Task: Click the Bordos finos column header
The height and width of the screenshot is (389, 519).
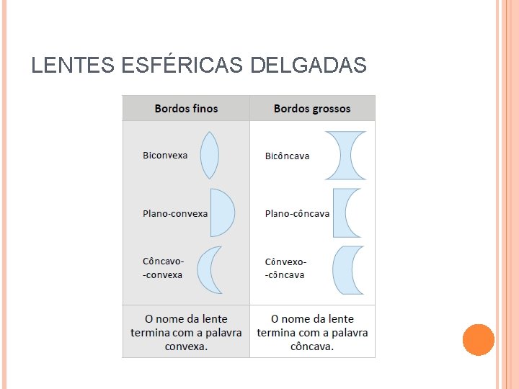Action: tap(186, 109)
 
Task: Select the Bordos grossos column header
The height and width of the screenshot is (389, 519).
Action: tap(312, 109)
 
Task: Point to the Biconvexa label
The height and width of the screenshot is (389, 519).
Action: tap(165, 156)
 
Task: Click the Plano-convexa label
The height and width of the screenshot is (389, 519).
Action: tap(175, 213)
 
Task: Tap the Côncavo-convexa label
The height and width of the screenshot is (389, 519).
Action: tap(164, 268)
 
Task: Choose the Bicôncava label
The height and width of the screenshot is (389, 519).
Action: tap(287, 156)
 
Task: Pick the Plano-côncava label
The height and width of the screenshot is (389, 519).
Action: tap(297, 213)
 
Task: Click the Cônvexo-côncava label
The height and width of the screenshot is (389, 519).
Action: tap(285, 268)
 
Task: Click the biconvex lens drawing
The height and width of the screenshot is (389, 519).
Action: tap(209, 155)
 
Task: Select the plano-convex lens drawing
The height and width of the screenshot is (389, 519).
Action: tap(221, 213)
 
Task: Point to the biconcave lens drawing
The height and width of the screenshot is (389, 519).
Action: tap(345, 155)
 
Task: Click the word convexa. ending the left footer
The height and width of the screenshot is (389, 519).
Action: tap(186, 346)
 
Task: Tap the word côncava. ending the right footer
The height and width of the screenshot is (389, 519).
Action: tap(312, 346)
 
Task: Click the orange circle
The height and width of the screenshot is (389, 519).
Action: tap(478, 340)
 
